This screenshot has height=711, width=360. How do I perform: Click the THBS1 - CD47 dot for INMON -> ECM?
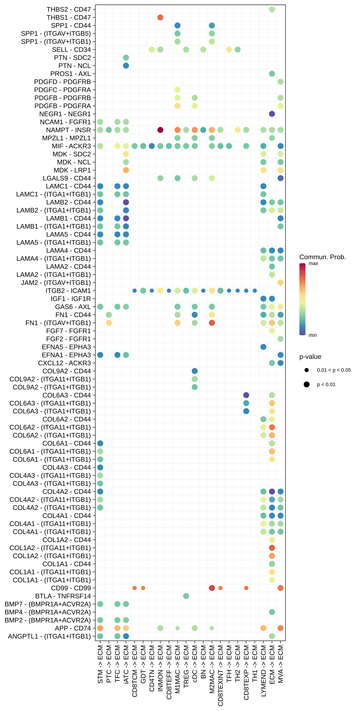point(160,17)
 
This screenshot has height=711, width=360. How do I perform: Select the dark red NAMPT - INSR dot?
point(160,130)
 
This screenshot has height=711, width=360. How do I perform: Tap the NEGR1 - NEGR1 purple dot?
point(272,114)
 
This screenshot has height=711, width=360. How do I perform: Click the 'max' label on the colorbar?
point(313,264)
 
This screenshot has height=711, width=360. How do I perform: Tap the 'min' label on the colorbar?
point(312,335)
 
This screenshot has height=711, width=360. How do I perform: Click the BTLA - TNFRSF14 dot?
point(186,596)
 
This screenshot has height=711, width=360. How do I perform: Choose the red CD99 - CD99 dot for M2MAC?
point(212,588)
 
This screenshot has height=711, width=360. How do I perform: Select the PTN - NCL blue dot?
point(126,66)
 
